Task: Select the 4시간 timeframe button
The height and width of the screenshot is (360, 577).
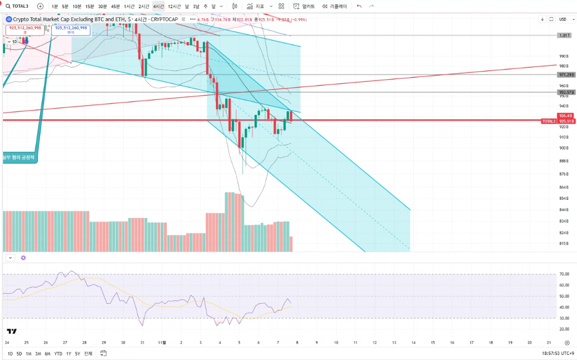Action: (x=158, y=6)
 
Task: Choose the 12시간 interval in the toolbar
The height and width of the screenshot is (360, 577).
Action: (x=174, y=6)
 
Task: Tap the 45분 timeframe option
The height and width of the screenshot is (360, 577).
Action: (x=115, y=6)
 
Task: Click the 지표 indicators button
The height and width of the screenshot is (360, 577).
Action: (x=256, y=6)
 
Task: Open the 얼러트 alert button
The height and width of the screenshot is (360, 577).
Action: (x=304, y=6)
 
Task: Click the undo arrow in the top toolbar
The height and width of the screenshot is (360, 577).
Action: (x=359, y=6)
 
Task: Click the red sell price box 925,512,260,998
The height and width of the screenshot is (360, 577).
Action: (x=25, y=29)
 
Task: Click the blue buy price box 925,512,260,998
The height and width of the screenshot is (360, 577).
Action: (x=71, y=29)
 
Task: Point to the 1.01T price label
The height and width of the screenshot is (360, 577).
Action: (x=564, y=35)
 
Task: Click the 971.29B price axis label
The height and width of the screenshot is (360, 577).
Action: (x=565, y=75)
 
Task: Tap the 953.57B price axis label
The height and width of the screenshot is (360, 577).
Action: (x=565, y=92)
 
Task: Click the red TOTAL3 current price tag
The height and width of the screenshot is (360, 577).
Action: (x=549, y=121)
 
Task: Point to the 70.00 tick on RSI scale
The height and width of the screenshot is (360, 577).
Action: (x=564, y=274)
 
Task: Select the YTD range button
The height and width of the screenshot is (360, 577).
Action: (x=58, y=353)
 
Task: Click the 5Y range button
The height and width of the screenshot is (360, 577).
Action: (x=78, y=353)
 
